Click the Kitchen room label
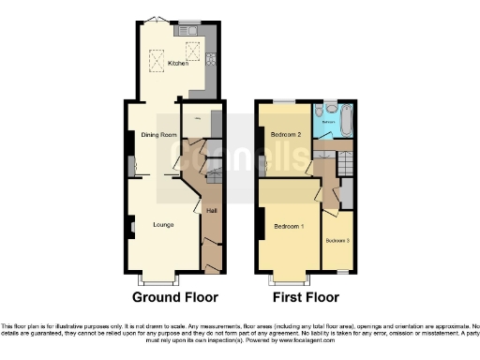click(x=178, y=64)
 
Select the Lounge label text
click(x=163, y=224)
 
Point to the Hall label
click(x=212, y=211)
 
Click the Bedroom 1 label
click(x=289, y=228)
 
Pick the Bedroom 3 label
click(x=337, y=241)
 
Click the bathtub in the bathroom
click(x=349, y=121)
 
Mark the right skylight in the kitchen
click(x=192, y=52)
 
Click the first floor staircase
click(x=345, y=166)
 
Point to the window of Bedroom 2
click(x=284, y=100)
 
